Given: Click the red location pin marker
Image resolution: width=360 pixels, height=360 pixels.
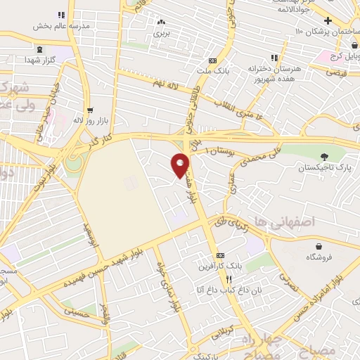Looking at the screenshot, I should click(181, 165).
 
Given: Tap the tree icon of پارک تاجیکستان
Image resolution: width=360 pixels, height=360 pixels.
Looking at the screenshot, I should click(323, 156).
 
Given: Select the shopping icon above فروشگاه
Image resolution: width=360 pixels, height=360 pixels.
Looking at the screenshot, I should click(320, 245).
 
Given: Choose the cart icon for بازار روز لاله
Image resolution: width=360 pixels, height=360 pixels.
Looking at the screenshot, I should click(89, 110).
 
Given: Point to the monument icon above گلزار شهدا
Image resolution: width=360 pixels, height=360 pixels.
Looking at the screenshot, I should click(39, 49).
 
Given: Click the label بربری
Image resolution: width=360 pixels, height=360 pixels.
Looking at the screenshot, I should click(162, 32).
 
